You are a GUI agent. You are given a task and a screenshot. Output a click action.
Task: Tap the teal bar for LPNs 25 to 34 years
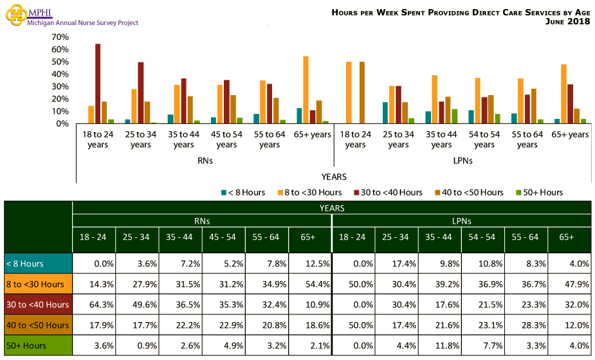385,113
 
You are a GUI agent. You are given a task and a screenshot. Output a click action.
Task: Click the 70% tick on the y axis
60,37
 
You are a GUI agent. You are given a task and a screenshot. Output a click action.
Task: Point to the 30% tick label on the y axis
60,87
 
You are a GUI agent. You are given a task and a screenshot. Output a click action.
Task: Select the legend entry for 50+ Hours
540,192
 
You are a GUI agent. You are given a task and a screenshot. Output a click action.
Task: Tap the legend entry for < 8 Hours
243,192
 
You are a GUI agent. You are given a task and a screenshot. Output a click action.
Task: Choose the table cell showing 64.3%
93,305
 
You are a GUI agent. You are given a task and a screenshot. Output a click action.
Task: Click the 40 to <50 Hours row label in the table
37,325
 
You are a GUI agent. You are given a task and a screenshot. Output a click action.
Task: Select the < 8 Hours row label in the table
37,264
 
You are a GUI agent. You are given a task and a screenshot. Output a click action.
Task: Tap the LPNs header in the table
461,221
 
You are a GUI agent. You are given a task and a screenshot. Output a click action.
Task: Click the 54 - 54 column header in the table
482,237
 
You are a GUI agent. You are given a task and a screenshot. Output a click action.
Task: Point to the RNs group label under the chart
205,161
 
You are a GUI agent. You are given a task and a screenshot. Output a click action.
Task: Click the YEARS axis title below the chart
334,176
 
